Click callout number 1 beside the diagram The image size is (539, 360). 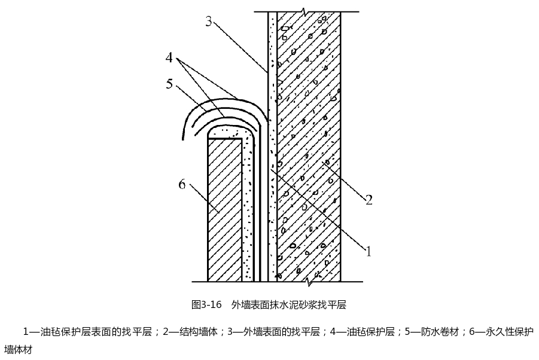tap(369, 252)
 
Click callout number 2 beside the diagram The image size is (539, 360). tap(369, 200)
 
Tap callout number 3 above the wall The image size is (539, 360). tap(209, 22)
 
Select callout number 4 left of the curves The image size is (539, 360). tap(170, 59)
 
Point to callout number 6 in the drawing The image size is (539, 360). tap(182, 184)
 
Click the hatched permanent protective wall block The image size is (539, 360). tap(224, 209)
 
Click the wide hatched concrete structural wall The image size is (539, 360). tap(311, 150)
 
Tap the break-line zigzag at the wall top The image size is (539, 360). tap(305, 12)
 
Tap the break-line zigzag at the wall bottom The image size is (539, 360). tap(309, 280)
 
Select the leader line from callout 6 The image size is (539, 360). tap(203, 198)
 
